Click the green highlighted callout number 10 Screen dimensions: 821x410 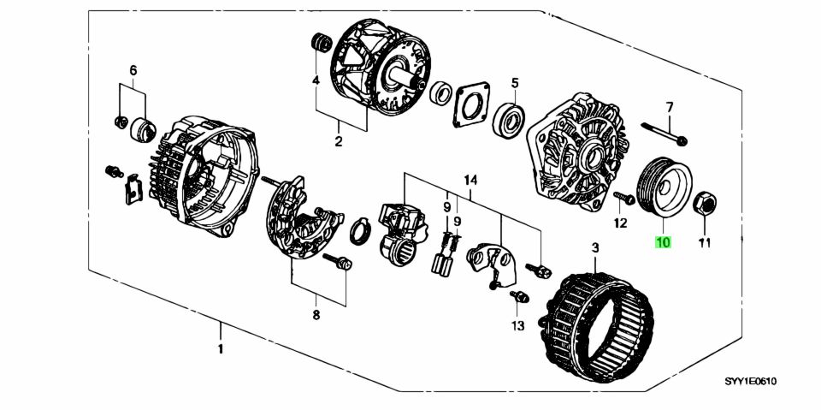(x=663, y=242)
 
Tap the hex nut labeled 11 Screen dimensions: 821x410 (x=704, y=204)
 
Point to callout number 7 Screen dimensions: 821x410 (x=669, y=108)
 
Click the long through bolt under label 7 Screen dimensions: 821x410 (x=664, y=134)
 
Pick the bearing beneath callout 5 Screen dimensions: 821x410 (x=508, y=119)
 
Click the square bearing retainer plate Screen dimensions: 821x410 (x=471, y=104)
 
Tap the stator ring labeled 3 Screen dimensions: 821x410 (x=596, y=319)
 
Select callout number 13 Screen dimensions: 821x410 (x=517, y=326)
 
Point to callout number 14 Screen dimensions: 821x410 (x=470, y=181)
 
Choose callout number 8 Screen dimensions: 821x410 (x=316, y=315)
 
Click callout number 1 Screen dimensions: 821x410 (x=221, y=348)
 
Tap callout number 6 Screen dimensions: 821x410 (x=133, y=69)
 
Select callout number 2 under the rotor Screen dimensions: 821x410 (x=339, y=141)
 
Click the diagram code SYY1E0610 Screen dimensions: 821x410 (x=750, y=382)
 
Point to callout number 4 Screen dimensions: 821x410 (x=316, y=80)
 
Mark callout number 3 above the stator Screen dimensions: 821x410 (x=595, y=247)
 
